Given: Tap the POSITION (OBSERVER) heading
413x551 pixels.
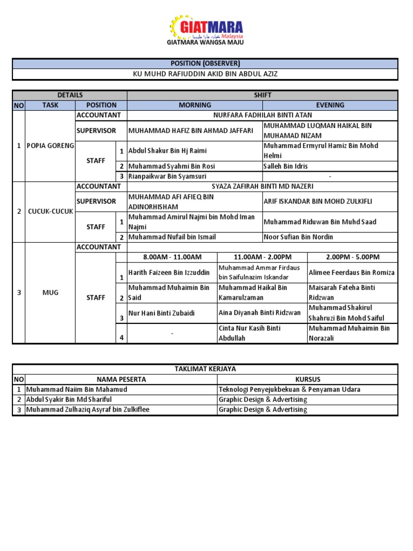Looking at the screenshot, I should pyautogui.click(x=205, y=63).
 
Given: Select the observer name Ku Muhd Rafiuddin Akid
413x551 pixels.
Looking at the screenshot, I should pyautogui.click(x=205, y=74).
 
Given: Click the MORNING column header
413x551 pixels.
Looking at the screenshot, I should pyautogui.click(x=195, y=105).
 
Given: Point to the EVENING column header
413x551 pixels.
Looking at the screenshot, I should pyautogui.click(x=330, y=105).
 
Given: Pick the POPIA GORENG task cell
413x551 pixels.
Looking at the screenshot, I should pyautogui.click(x=50, y=146).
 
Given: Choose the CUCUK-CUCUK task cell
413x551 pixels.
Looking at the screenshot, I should pyautogui.click(x=50, y=211).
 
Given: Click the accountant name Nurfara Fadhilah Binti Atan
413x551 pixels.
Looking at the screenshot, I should pyautogui.click(x=262, y=115).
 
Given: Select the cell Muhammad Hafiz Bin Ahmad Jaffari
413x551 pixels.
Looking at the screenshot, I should pyautogui.click(x=190, y=130).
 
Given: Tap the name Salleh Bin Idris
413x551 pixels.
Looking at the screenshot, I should pyautogui.click(x=286, y=166).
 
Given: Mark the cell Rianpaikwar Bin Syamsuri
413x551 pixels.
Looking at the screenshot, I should pyautogui.click(x=167, y=176).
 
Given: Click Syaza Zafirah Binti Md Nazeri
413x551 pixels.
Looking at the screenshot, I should pyautogui.click(x=262, y=186).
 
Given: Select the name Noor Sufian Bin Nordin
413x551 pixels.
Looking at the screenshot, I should pyautogui.click(x=298, y=237).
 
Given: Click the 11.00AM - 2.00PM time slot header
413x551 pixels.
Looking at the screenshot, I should pyautogui.click(x=262, y=257).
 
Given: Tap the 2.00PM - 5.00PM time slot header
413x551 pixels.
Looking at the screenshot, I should pyautogui.click(x=352, y=257).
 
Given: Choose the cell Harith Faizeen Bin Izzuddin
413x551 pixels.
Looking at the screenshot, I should pyautogui.click(x=169, y=273).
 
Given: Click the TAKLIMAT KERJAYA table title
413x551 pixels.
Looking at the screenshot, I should pyautogui.click(x=205, y=369).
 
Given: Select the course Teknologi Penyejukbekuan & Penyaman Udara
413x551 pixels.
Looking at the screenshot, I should pyautogui.click(x=289, y=389).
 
